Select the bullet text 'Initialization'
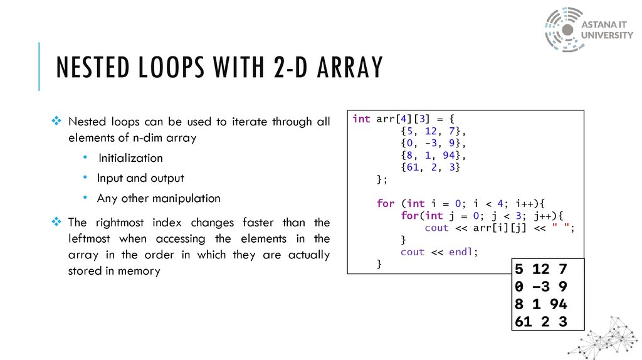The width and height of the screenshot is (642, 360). (x=130, y=158)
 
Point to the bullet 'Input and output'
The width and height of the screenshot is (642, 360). (x=140, y=178)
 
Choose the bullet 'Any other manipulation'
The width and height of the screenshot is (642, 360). (x=159, y=198)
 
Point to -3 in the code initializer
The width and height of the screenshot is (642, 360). (x=430, y=144)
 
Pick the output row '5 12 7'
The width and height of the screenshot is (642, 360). (x=540, y=270)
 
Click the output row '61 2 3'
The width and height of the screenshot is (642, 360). (x=540, y=322)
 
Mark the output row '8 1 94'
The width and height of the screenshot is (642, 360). (x=540, y=304)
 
